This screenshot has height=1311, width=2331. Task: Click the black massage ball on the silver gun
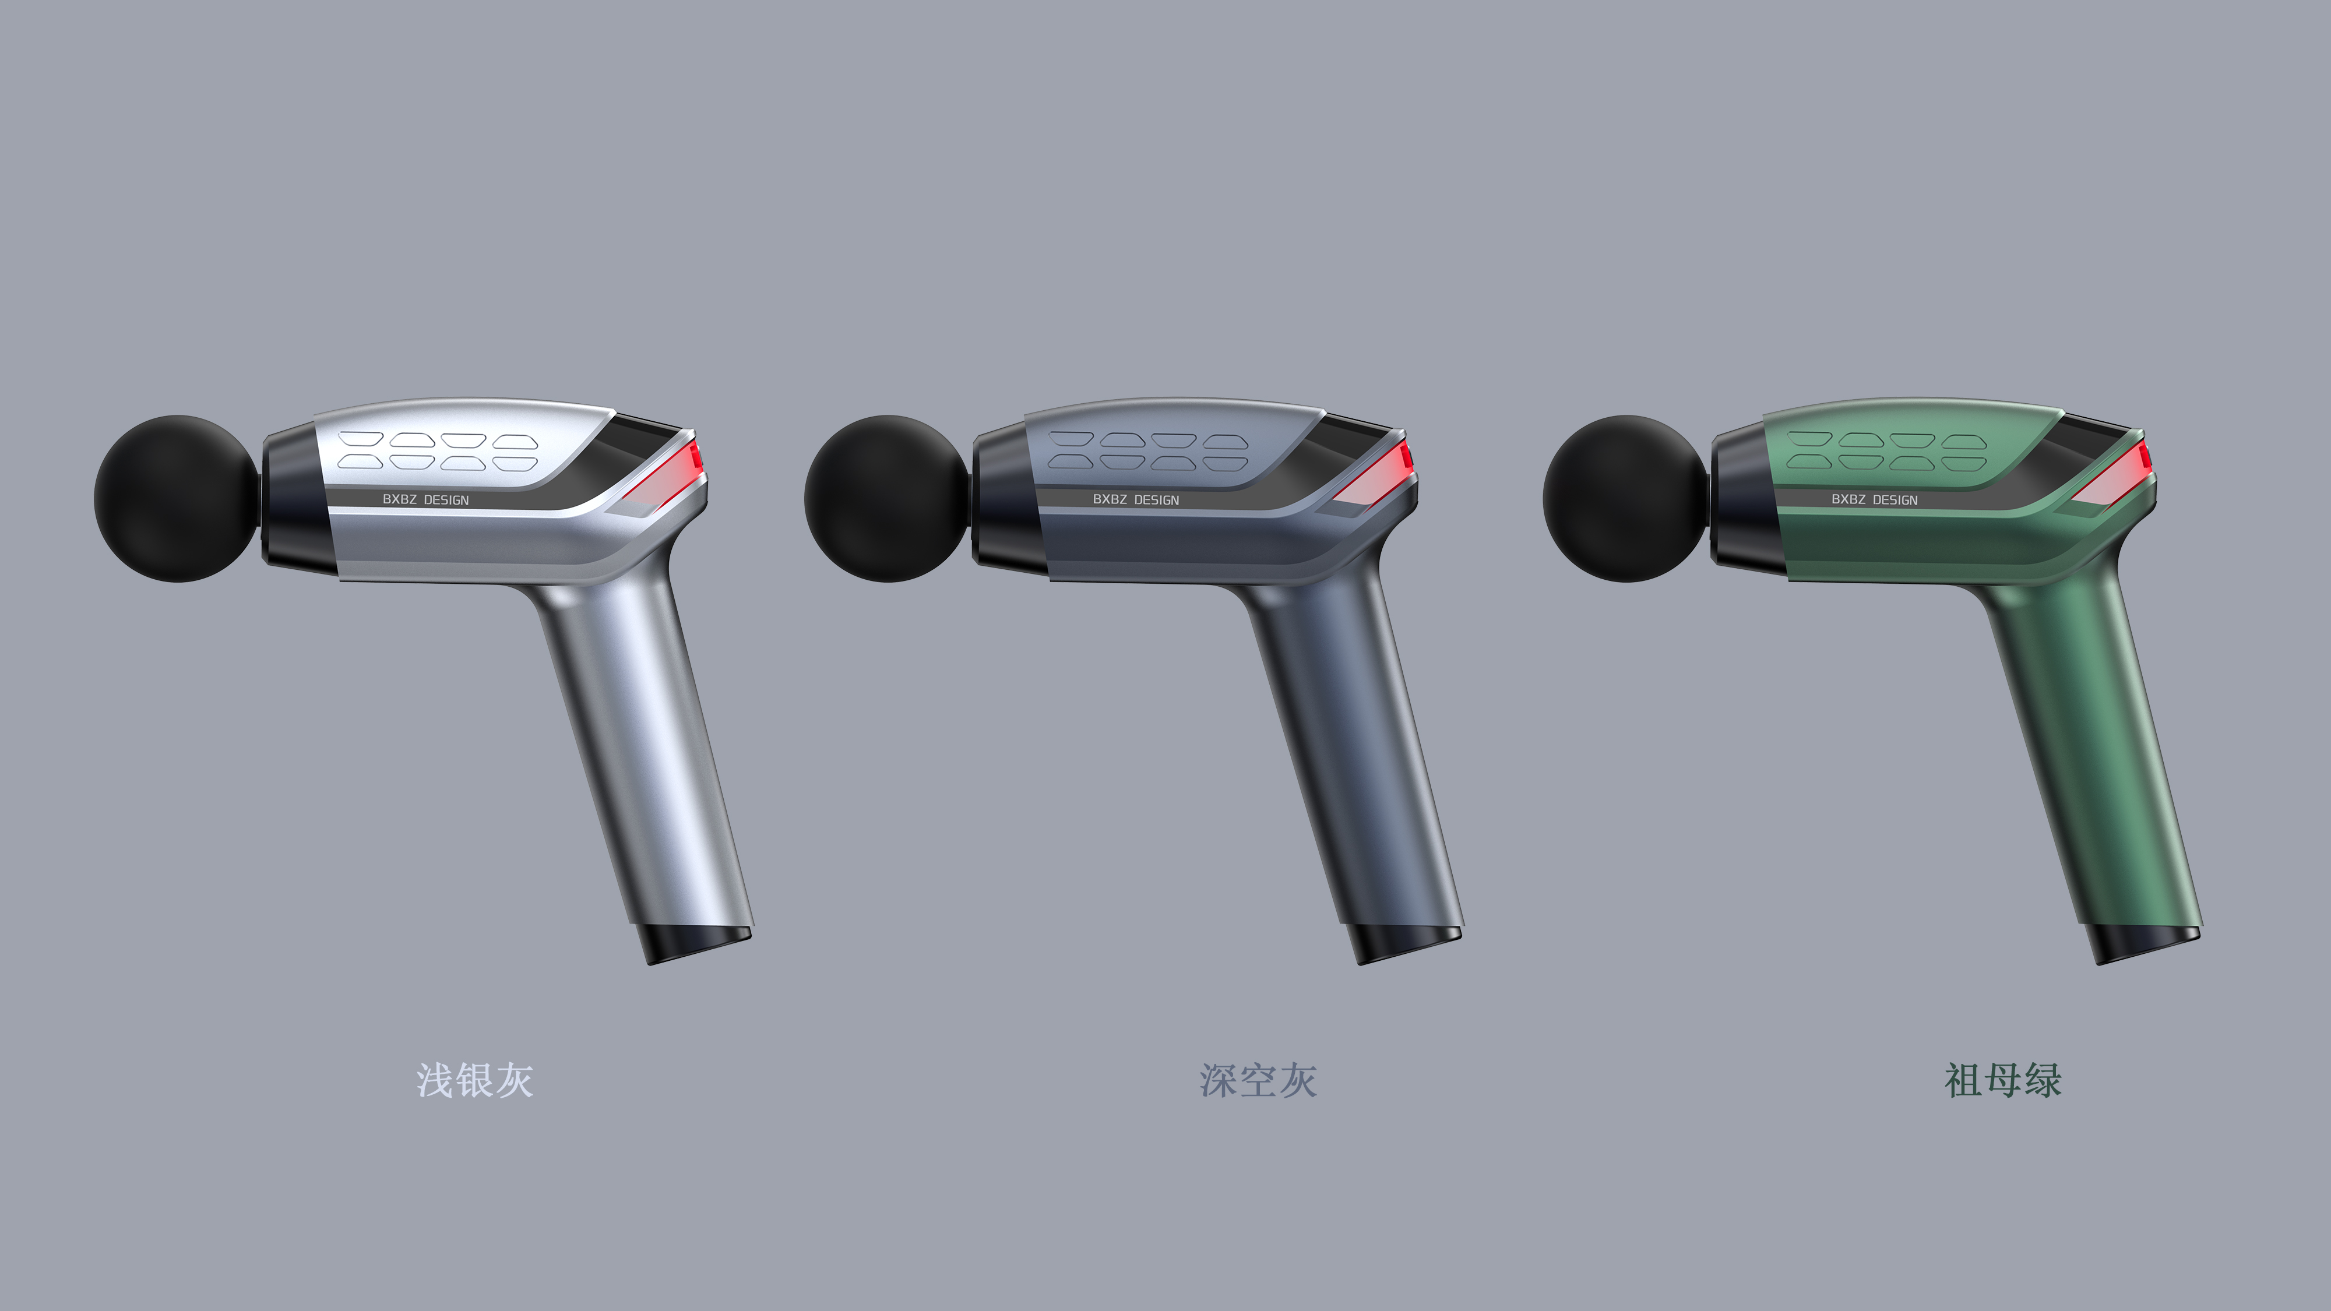177,499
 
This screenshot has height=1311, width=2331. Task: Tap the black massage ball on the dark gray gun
887,499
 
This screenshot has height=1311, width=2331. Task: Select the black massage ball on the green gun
1625,499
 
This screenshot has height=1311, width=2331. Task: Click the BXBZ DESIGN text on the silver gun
425,499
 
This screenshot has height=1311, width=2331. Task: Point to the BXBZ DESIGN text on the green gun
1874,499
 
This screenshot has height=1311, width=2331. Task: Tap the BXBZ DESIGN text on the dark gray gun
1136,499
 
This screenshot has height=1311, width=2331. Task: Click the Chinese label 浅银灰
474,1080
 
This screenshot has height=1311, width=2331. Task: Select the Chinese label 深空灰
1258,1080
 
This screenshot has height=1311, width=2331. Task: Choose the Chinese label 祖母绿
2002,1080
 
